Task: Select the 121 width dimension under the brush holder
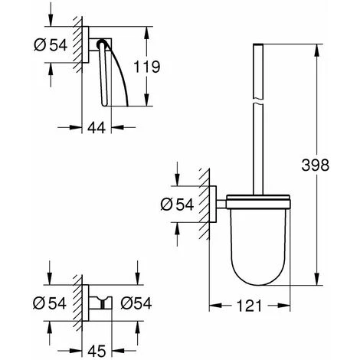coord(244,305)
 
